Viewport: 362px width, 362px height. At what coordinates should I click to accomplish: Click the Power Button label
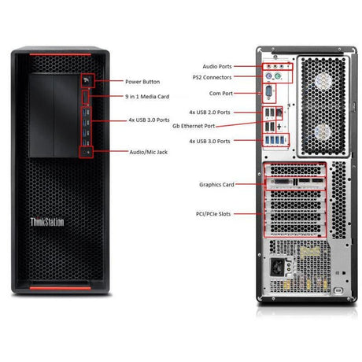(x=142, y=82)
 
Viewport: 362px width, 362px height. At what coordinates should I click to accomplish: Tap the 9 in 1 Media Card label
(x=147, y=97)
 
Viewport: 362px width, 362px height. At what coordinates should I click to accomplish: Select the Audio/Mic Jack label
(x=149, y=152)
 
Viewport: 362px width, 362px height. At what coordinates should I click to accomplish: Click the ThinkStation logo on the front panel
(x=47, y=222)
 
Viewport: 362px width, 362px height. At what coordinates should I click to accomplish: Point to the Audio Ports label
(x=217, y=67)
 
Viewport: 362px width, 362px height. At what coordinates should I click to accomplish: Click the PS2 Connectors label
(x=212, y=77)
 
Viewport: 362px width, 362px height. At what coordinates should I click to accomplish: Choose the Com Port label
(x=221, y=94)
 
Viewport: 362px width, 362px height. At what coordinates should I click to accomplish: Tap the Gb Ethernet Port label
(x=194, y=126)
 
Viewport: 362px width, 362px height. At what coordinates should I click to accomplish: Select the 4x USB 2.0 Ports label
(x=209, y=113)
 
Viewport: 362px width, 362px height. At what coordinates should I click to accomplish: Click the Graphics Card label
(x=216, y=185)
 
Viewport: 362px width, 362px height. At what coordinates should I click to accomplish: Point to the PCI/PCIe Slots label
(x=213, y=214)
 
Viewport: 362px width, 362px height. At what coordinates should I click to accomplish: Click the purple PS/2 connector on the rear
(x=268, y=76)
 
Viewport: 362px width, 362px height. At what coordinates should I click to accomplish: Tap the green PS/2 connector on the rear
(x=278, y=76)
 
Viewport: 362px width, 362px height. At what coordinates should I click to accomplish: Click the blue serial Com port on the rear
(x=268, y=92)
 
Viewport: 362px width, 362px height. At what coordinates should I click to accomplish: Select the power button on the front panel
(x=87, y=81)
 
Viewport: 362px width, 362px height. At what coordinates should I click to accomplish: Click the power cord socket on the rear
(x=277, y=267)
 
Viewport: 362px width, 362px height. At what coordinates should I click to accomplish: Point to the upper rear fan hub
(x=323, y=81)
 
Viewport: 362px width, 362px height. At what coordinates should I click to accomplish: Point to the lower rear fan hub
(x=323, y=132)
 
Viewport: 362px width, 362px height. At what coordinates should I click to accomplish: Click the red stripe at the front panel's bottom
(x=61, y=288)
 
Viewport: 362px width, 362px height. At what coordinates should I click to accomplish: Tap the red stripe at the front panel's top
(x=61, y=54)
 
